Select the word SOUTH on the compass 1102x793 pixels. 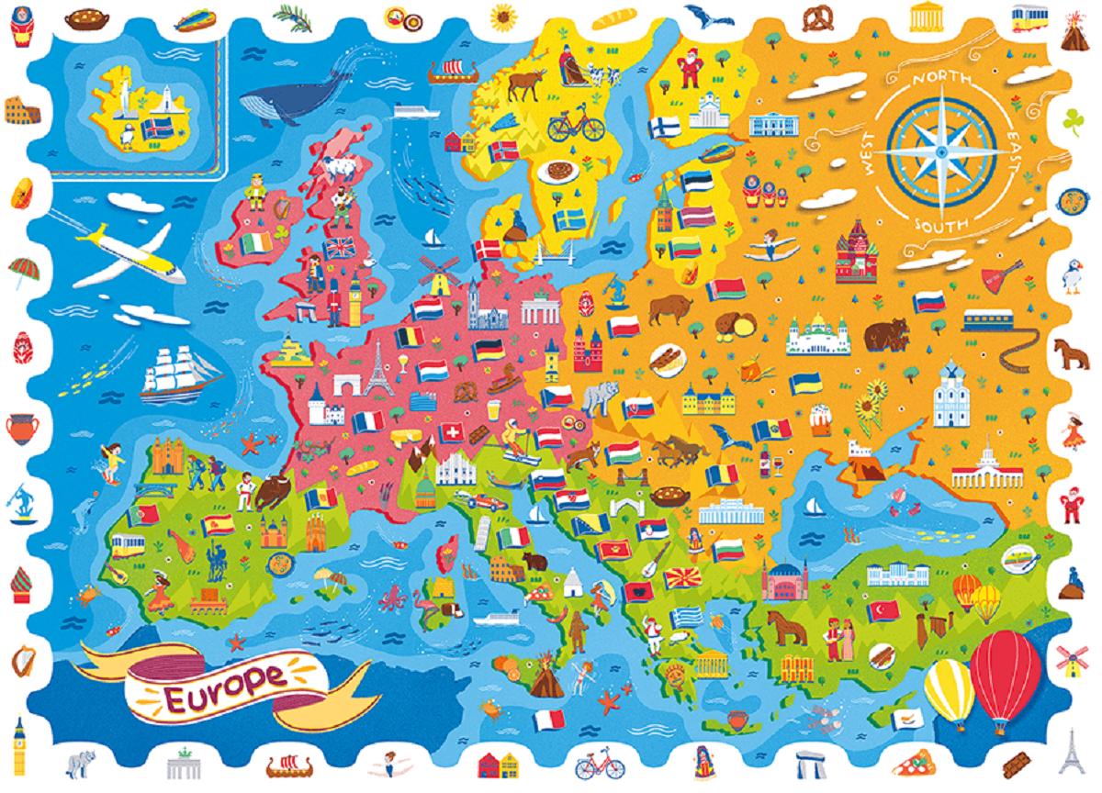point(938,226)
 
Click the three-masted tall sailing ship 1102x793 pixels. point(178,372)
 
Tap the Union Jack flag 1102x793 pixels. point(341,248)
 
